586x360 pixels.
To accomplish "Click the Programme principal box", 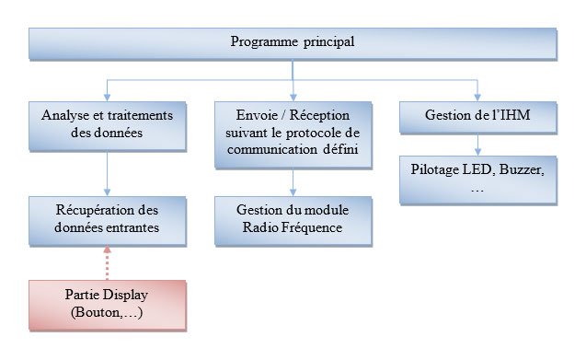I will click(x=293, y=42).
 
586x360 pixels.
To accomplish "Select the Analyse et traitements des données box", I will click(x=108, y=124).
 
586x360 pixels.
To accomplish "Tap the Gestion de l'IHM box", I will click(x=477, y=116).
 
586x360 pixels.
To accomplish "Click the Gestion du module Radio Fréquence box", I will click(x=293, y=219).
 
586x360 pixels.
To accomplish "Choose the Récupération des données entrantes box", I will click(x=108, y=219).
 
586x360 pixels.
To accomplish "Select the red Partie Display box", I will click(x=108, y=304).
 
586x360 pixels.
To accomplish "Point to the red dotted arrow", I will click(x=108, y=262).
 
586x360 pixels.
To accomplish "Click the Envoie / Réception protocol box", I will click(x=293, y=133).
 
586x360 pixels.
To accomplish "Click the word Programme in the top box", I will click(x=261, y=42).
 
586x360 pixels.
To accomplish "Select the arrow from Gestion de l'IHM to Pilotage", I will click(x=477, y=145).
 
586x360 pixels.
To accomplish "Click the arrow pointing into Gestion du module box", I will click(x=293, y=181).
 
